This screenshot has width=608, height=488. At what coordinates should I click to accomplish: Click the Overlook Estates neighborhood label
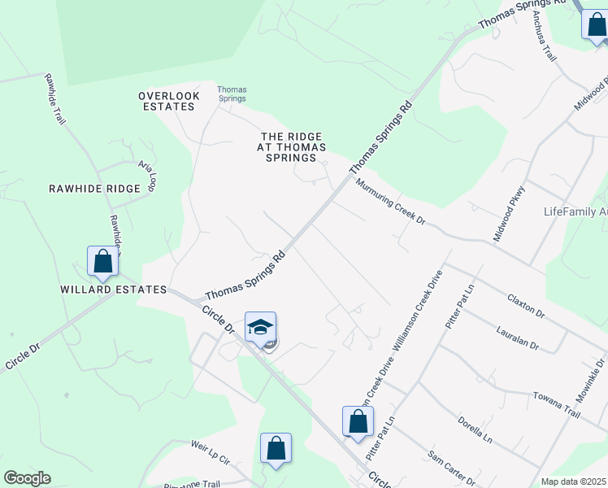(169, 101)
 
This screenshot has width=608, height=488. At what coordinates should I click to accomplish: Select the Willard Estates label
(112, 290)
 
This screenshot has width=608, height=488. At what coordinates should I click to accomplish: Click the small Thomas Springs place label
(232, 94)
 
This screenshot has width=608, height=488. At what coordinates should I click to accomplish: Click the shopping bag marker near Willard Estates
(102, 262)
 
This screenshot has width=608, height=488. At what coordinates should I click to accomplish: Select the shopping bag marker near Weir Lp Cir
(276, 448)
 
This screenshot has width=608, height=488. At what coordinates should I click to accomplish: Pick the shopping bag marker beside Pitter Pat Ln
(358, 421)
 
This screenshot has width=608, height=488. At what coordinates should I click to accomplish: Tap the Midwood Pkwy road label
(510, 214)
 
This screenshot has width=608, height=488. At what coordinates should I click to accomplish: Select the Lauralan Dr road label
(517, 338)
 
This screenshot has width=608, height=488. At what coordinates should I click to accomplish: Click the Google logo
(27, 478)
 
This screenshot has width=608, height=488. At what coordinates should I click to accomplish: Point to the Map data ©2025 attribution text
(574, 481)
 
